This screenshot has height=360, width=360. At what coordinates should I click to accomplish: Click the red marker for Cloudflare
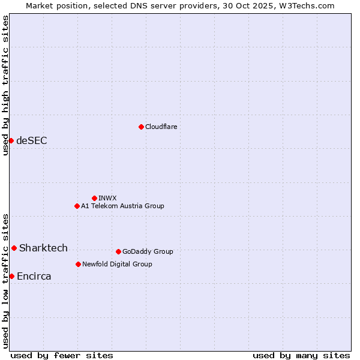(x=141, y=127)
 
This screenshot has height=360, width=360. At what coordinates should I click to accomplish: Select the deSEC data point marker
(x=11, y=140)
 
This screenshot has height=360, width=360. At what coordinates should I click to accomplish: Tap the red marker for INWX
(x=94, y=198)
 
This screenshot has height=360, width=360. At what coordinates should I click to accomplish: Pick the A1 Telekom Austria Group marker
(x=77, y=206)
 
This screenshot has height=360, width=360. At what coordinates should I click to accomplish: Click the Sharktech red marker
(x=14, y=248)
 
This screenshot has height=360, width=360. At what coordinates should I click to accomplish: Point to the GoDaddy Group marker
(x=118, y=251)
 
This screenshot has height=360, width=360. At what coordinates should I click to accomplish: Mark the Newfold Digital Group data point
(x=78, y=264)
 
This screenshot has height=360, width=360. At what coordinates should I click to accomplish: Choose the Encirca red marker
(x=11, y=276)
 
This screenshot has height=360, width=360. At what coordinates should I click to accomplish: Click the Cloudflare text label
(x=161, y=127)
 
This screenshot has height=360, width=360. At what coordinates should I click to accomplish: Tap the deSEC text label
(x=32, y=141)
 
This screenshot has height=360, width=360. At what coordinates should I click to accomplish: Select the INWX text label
(x=107, y=198)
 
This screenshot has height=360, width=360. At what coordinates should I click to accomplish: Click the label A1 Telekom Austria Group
(x=122, y=206)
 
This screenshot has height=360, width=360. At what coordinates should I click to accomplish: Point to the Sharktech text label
(x=43, y=248)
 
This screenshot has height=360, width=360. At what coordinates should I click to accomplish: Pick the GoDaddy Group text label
(x=148, y=251)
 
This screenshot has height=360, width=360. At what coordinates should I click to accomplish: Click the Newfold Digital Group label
(x=117, y=264)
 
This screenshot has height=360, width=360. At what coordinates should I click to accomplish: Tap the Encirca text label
(x=34, y=277)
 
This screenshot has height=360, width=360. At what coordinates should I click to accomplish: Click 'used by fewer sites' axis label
(x=62, y=356)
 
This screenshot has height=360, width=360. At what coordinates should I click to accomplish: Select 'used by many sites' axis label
(x=301, y=356)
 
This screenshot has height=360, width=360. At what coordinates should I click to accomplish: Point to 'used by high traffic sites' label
(x=5, y=85)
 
